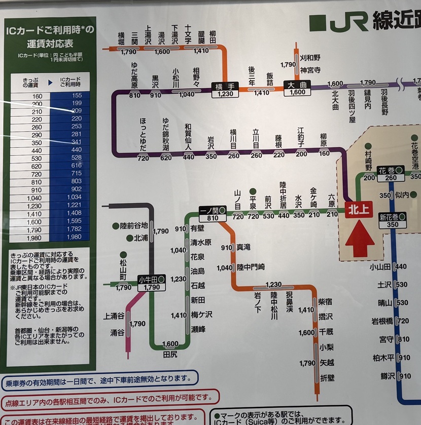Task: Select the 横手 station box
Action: (224, 90)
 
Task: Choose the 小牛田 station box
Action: (152, 283)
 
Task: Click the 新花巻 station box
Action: (393, 220)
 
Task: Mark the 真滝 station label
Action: (243, 247)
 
